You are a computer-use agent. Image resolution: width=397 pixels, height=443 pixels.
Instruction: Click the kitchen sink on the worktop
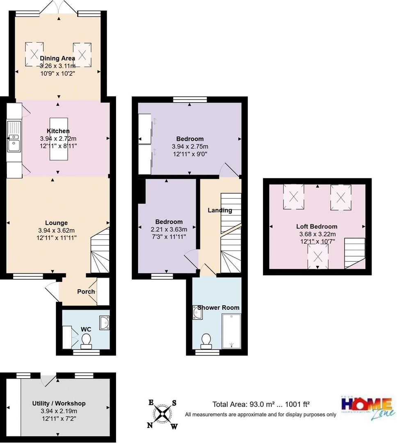[x=13, y=140]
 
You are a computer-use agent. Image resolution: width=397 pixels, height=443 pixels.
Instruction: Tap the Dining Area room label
[x=57, y=58]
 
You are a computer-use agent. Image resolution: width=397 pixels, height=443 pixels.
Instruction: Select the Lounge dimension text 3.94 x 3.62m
[x=56, y=230]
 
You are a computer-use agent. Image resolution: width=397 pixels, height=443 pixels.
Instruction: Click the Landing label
[x=220, y=210]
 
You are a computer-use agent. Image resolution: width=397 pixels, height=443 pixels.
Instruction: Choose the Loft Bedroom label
[x=317, y=226]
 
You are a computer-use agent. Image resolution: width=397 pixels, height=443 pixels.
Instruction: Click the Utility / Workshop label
[x=59, y=403]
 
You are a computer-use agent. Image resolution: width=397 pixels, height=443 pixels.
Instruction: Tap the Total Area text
[x=263, y=404]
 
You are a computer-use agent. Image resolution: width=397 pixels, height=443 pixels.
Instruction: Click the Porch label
[x=86, y=292]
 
